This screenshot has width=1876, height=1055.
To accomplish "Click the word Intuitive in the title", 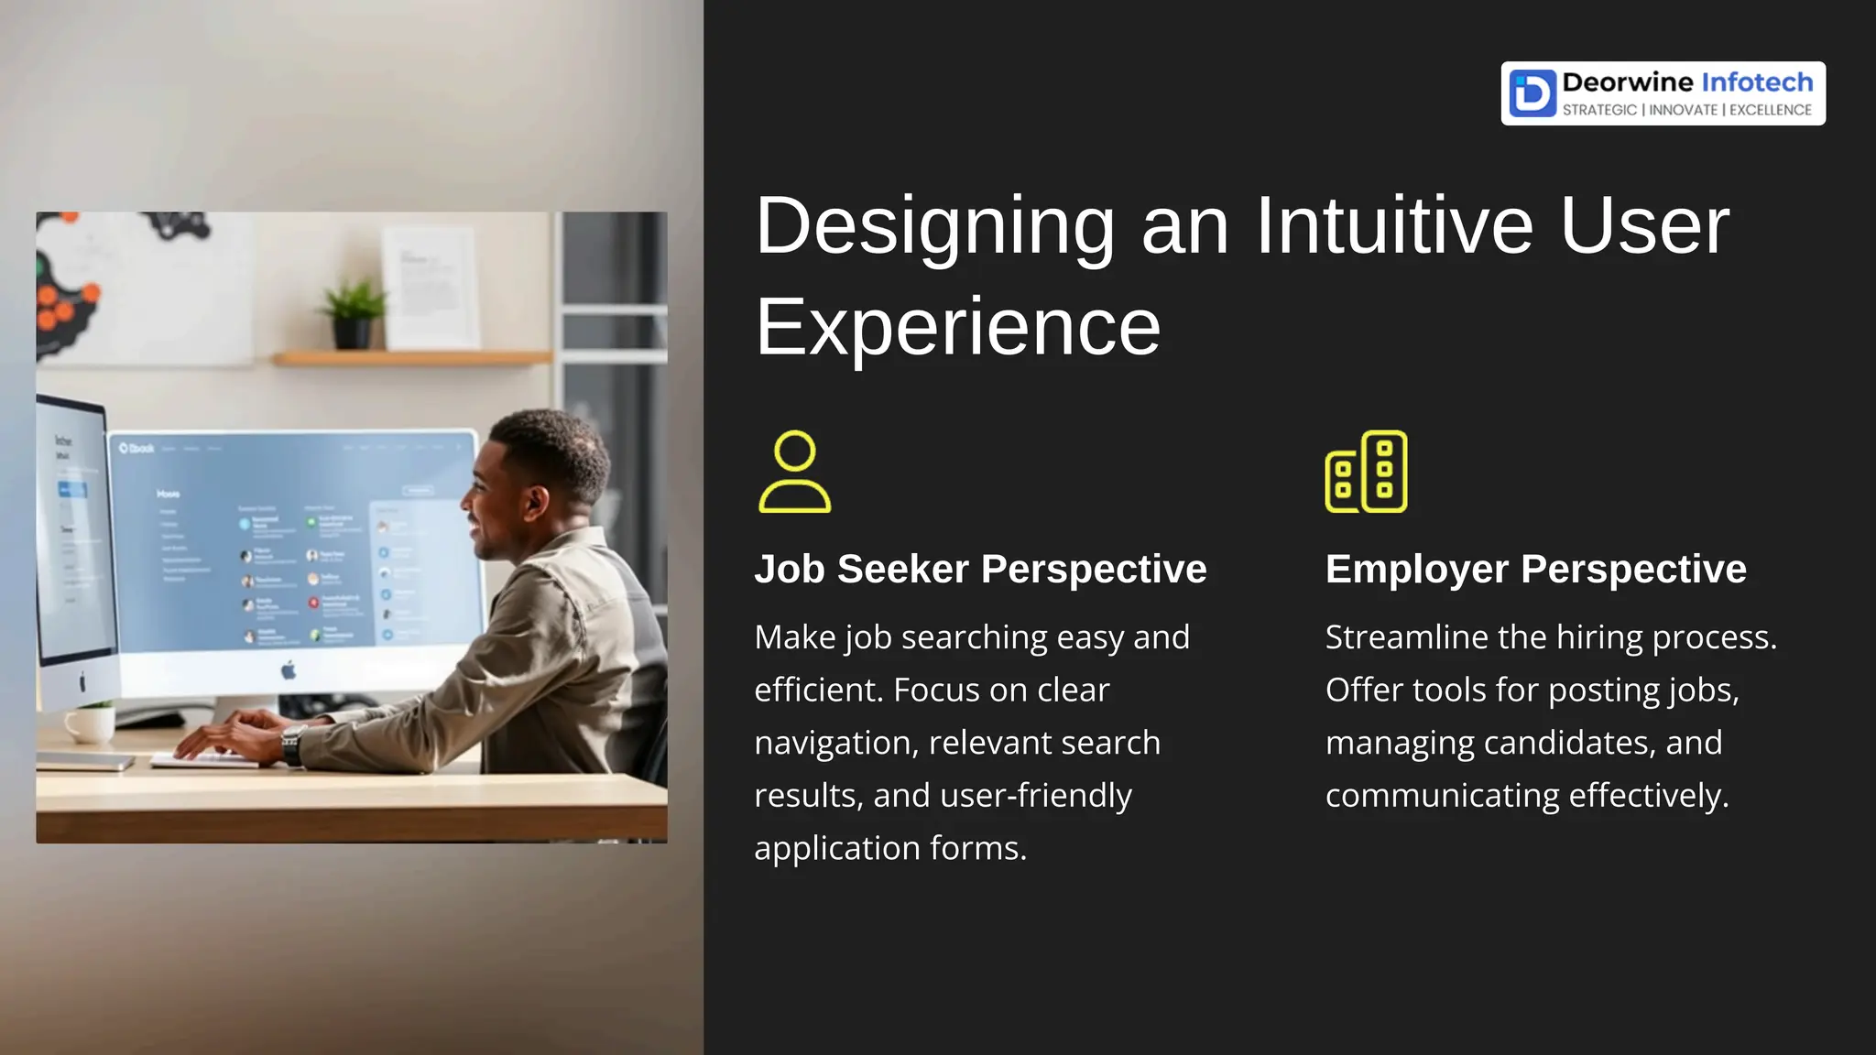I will tap(1392, 226).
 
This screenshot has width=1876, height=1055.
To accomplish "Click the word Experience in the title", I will tap(957, 328).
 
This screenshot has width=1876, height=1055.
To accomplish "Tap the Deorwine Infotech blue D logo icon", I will tap(1532, 93).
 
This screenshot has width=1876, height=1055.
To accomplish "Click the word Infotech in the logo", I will tap(1757, 82).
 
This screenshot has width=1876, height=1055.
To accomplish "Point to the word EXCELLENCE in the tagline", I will tap(1770, 110).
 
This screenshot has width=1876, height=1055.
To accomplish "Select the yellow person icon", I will tap(794, 472).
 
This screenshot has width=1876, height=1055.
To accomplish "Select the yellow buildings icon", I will tap(1366, 472).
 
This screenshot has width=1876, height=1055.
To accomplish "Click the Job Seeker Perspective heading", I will tap(980, 569).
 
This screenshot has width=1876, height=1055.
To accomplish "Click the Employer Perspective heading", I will tap(1535, 569).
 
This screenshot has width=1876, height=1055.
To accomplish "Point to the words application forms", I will tap(889, 848).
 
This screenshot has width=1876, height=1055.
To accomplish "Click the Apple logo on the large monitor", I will tap(289, 670).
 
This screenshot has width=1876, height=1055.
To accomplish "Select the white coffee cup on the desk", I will tap(90, 723).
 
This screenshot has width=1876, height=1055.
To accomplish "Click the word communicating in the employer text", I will tap(1443, 796).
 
